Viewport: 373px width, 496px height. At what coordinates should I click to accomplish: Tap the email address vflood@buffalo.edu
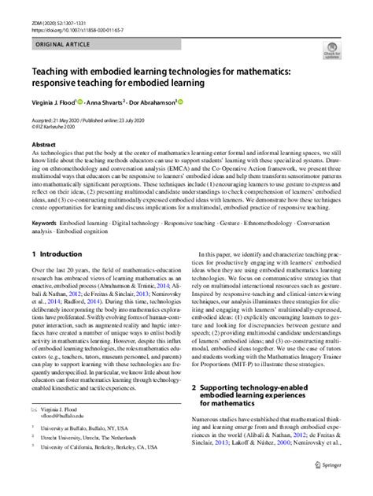76,439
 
